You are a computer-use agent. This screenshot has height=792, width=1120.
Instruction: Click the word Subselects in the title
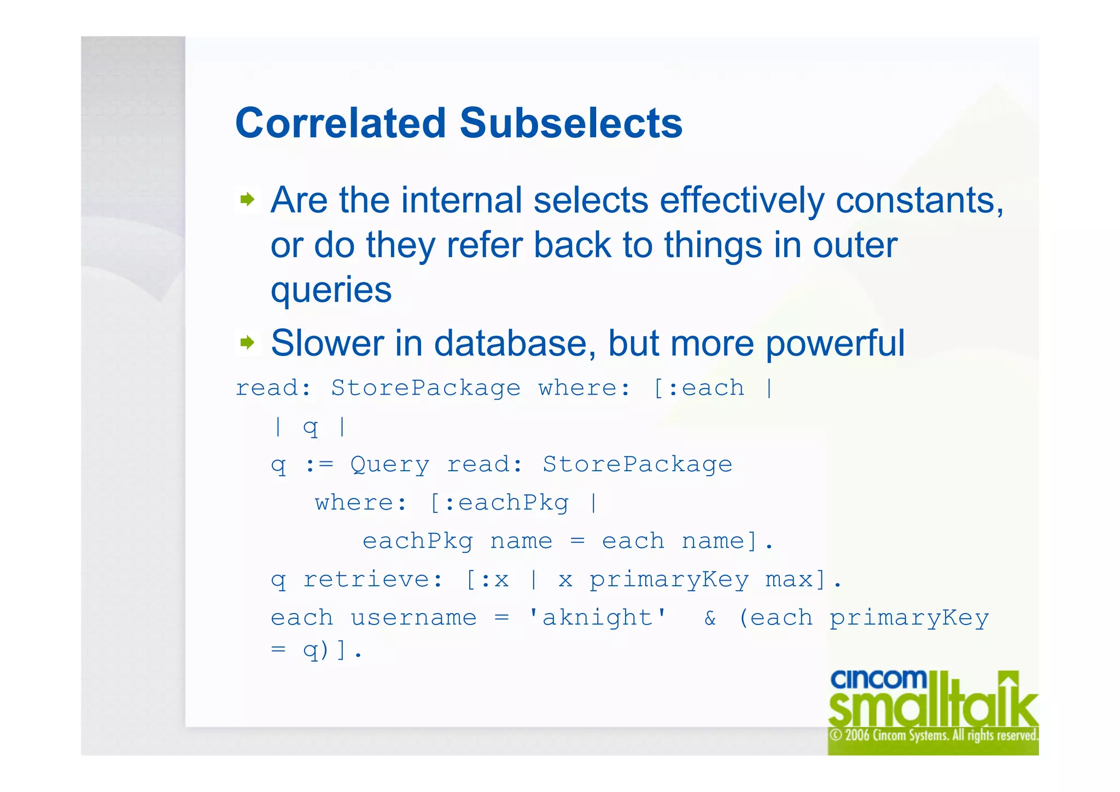[x=571, y=123]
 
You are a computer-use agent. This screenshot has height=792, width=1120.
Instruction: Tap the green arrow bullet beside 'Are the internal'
[x=247, y=199]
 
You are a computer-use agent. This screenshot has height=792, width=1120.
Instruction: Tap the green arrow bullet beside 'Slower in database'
[x=247, y=343]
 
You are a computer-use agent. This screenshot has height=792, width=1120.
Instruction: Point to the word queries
[x=331, y=290]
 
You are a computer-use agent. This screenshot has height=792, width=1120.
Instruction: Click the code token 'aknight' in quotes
[x=597, y=618]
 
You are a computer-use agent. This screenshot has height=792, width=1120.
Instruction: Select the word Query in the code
[x=389, y=465]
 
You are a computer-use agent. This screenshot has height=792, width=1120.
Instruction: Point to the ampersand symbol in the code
[x=710, y=618]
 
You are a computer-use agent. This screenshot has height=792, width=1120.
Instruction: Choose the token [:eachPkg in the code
[x=499, y=503]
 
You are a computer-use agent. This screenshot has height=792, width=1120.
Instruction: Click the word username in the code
[x=413, y=618]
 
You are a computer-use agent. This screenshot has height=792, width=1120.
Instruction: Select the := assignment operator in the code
[x=318, y=465]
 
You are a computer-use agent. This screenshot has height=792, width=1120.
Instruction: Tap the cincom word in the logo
[x=878, y=680]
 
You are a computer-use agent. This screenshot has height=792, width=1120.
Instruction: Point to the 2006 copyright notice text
[x=933, y=735]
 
